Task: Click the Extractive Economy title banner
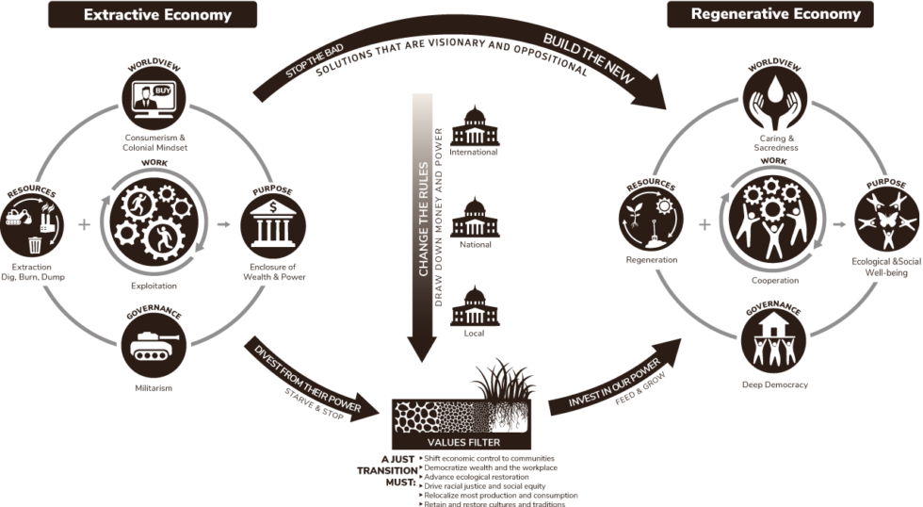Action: (153, 14)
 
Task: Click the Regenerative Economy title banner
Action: (770, 14)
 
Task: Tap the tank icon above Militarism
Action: (154, 345)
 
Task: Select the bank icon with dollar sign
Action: (273, 226)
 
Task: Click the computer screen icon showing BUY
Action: (154, 98)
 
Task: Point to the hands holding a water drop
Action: (774, 98)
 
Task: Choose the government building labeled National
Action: (475, 218)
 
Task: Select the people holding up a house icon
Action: (773, 340)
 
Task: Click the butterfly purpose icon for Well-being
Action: (886, 220)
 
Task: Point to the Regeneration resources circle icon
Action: (651, 220)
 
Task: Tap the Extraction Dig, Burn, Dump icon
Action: (32, 224)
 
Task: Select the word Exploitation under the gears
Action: (154, 286)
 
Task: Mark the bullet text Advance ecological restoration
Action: (477, 477)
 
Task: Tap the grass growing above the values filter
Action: (503, 381)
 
